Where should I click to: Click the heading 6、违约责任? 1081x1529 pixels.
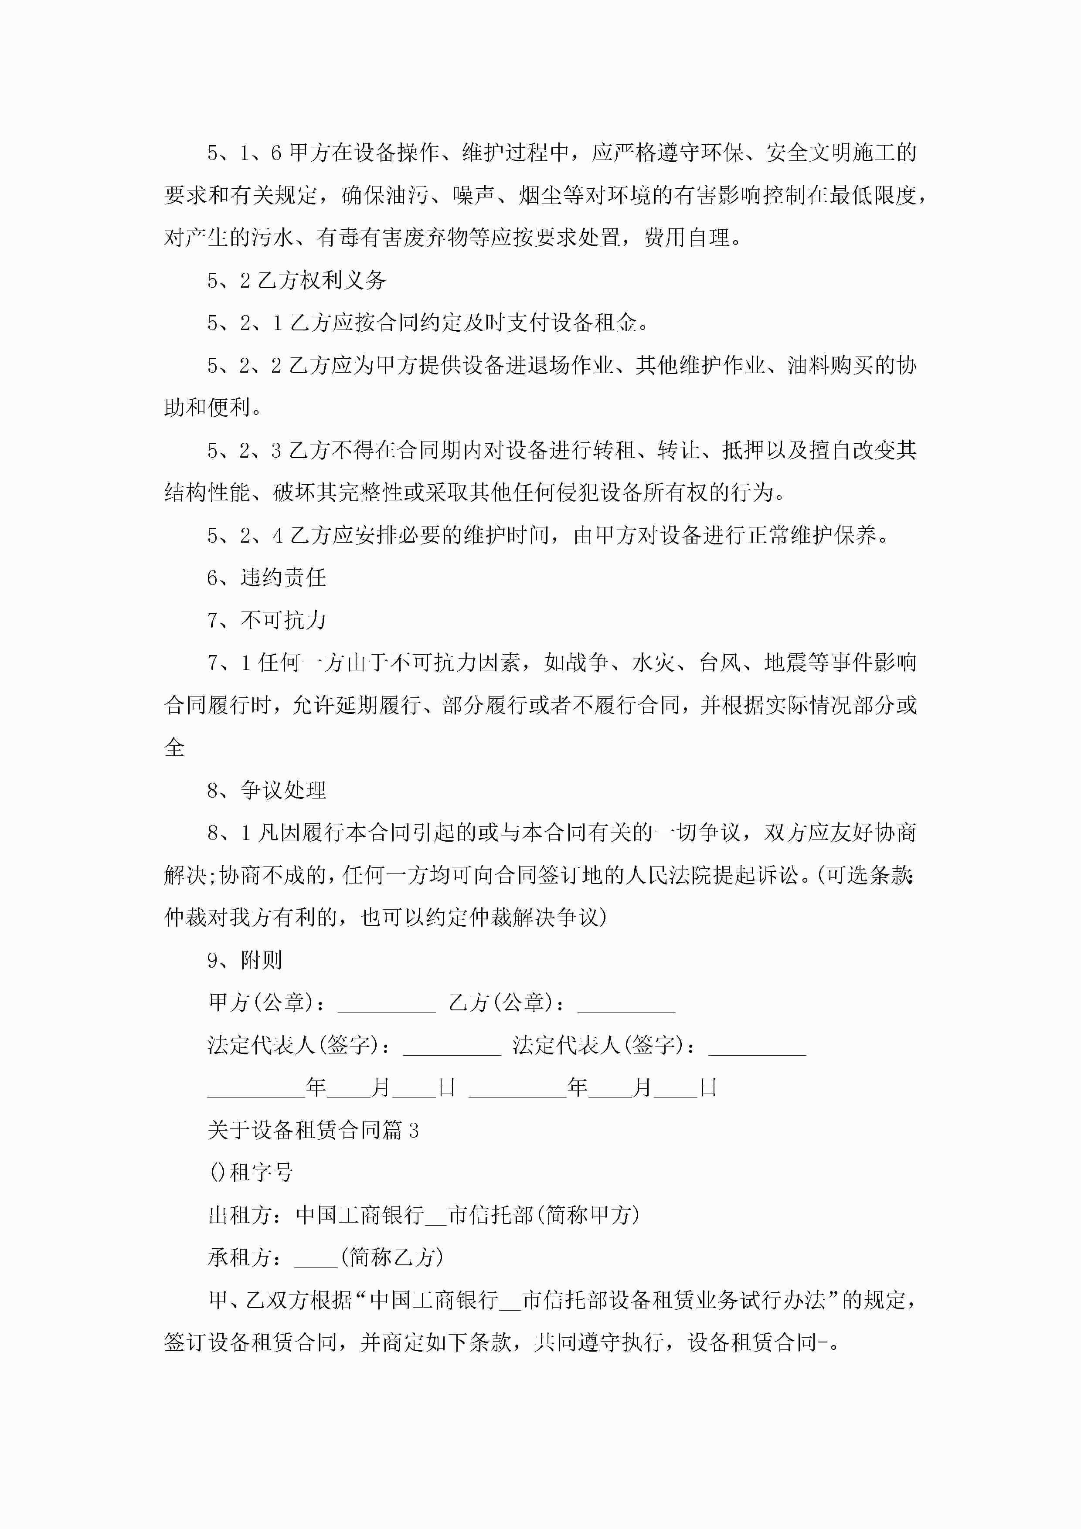266,578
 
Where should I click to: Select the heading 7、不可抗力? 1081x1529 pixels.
266,620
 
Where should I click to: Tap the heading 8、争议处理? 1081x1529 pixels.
266,790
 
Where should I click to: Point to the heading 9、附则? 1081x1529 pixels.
245,960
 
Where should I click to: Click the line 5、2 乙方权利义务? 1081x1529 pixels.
296,280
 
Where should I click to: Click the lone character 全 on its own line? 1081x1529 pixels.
174,747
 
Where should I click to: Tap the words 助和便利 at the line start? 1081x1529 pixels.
207,408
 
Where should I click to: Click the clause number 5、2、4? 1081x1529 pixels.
245,535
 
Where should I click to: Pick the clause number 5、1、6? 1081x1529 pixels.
245,153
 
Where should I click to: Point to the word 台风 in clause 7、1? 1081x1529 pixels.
719,663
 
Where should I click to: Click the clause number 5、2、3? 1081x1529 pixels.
245,450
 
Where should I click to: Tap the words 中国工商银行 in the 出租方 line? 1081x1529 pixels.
360,1215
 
